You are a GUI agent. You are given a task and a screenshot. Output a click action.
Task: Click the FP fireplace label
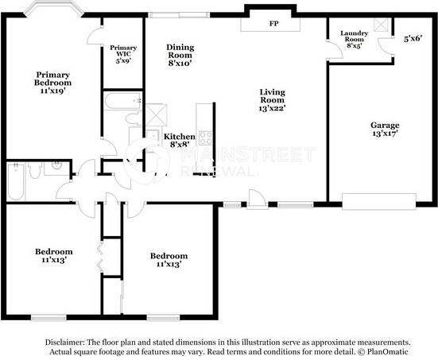pyautogui.click(x=273, y=24)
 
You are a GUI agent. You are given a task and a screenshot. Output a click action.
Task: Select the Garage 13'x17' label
pyautogui.click(x=385, y=129)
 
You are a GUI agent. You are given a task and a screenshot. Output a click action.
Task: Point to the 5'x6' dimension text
pyautogui.click(x=413, y=38)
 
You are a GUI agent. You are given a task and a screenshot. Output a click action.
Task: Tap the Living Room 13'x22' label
pyautogui.click(x=272, y=100)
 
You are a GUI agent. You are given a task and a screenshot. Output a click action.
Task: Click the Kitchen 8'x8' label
pyautogui.click(x=180, y=140)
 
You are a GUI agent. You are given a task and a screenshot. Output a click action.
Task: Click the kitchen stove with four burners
pyautogui.click(x=205, y=138)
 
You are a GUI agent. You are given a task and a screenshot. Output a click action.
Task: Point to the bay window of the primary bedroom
pyautogui.click(x=53, y=8)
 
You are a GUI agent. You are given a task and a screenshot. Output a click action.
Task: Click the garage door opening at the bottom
pyautogui.click(x=379, y=201)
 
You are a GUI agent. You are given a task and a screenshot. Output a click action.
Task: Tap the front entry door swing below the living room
pyautogui.click(x=257, y=199)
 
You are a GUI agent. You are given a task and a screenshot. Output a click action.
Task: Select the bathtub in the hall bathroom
pyautogui.click(x=16, y=181)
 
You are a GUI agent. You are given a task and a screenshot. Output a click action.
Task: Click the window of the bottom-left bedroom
pyautogui.click(x=48, y=318)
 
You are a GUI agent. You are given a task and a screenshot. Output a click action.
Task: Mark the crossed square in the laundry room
pyautogui.click(x=381, y=25)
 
